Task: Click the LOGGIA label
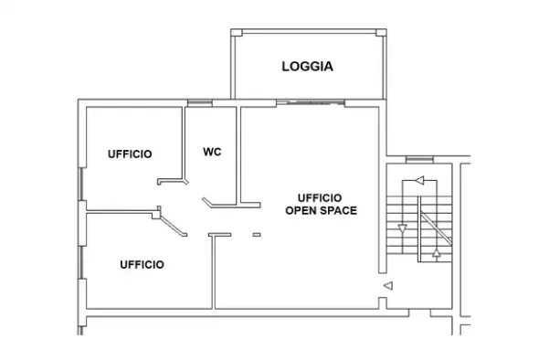click(x=307, y=67)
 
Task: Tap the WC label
click(x=212, y=152)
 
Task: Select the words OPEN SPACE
click(x=321, y=210)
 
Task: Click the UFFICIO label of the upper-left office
click(x=130, y=154)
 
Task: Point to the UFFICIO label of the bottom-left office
click(x=142, y=264)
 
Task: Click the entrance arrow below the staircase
click(x=388, y=285)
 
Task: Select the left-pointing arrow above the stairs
click(x=419, y=180)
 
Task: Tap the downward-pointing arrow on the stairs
click(x=403, y=228)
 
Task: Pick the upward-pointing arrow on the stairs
click(x=436, y=253)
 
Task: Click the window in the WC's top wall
click(x=200, y=103)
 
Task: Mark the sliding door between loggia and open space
click(x=311, y=102)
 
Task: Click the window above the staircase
click(x=419, y=159)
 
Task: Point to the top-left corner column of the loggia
click(x=237, y=33)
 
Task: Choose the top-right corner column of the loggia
click(x=381, y=33)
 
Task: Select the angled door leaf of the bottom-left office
click(x=174, y=227)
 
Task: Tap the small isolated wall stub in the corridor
click(x=257, y=235)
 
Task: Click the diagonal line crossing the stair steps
click(x=436, y=228)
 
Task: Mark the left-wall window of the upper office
click(x=81, y=185)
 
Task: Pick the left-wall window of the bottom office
click(x=81, y=263)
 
